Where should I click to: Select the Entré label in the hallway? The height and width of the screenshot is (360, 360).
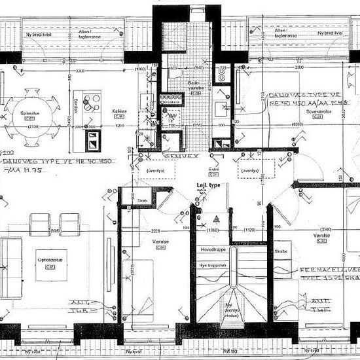[213, 168]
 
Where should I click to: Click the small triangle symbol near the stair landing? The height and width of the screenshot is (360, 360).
[213, 217]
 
